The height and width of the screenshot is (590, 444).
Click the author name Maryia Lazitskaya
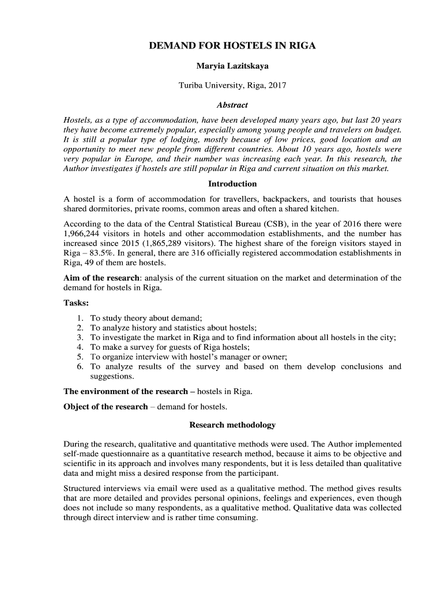pyautogui.click(x=232, y=66)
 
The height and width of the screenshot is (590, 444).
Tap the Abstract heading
pyautogui.click(x=232, y=105)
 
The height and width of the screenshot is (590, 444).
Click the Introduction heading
pyautogui.click(x=232, y=184)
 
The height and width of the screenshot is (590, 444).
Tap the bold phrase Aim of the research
pyautogui.click(x=101, y=278)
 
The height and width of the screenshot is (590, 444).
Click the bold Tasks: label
pyautogui.click(x=76, y=303)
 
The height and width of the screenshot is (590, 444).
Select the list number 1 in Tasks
pyautogui.click(x=80, y=318)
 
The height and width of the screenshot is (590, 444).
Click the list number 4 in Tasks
pyautogui.click(x=80, y=347)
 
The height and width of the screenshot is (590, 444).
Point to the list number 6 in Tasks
pyautogui.click(x=80, y=366)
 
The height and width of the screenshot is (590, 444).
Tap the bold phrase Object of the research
pyautogui.click(x=106, y=407)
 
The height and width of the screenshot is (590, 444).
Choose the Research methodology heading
pyautogui.click(x=232, y=425)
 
